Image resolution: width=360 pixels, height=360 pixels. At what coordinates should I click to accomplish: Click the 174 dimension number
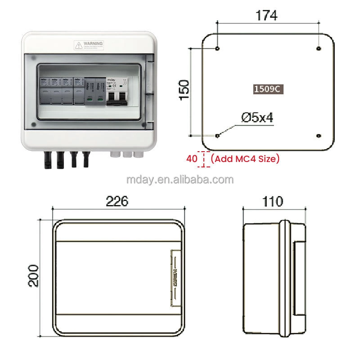267,15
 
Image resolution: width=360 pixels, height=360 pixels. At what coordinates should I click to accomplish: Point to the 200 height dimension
33,275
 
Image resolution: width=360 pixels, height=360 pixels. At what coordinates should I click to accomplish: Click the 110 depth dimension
273,201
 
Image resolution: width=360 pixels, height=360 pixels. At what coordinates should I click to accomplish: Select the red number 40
192,158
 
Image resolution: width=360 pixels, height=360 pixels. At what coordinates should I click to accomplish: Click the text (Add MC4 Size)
245,158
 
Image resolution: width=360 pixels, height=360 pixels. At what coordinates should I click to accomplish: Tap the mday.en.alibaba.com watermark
180,180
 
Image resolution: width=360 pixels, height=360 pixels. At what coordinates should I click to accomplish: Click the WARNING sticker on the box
89,45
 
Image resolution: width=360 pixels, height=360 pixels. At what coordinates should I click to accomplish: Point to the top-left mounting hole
218,48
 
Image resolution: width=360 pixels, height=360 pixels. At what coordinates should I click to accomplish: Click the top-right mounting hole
318,48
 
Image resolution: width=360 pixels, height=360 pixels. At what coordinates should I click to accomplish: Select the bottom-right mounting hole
318,135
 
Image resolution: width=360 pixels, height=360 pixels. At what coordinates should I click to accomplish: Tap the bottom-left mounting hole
218,135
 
